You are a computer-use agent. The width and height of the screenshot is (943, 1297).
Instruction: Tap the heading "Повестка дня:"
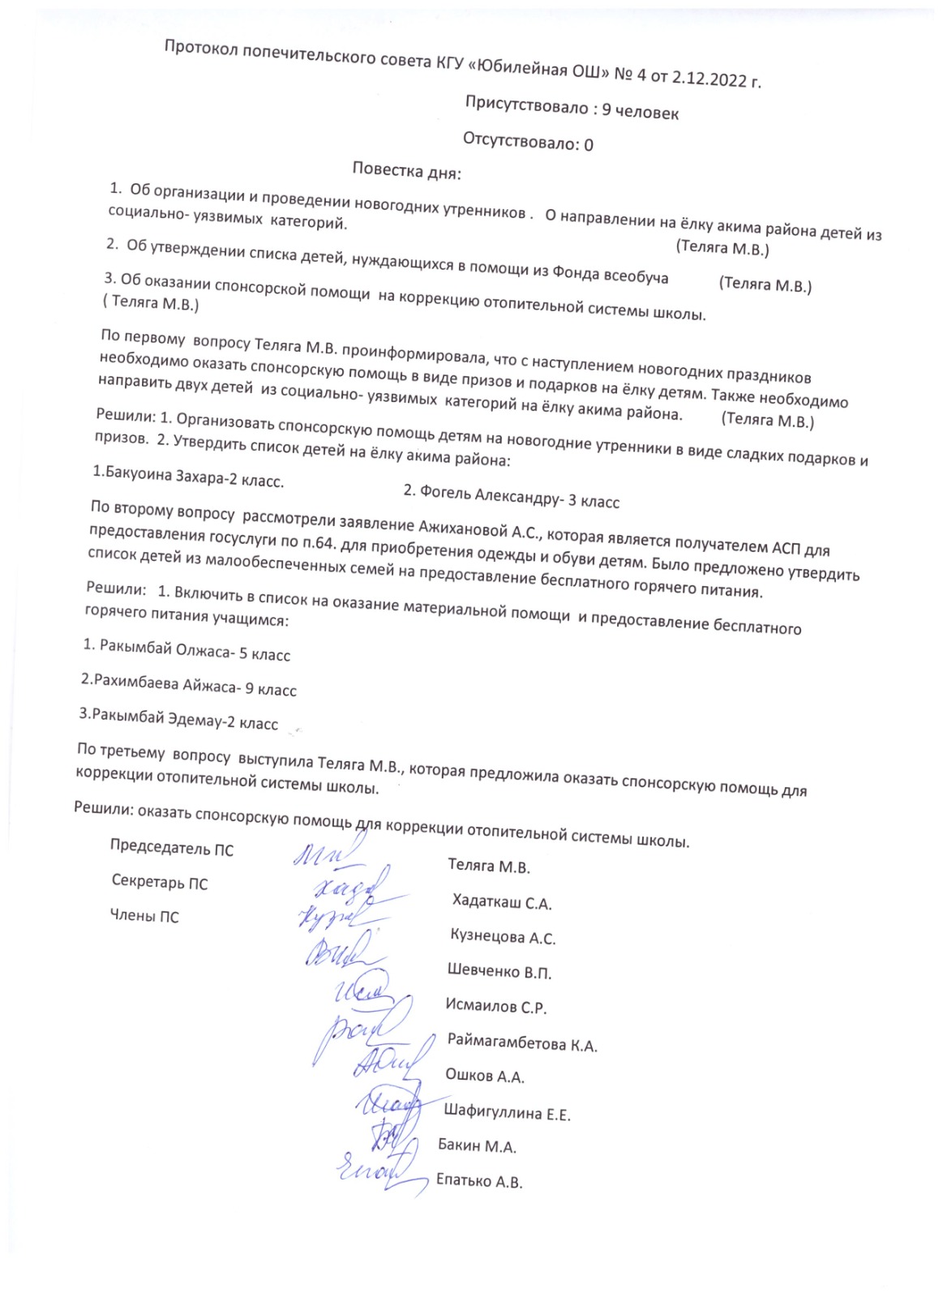pyautogui.click(x=407, y=171)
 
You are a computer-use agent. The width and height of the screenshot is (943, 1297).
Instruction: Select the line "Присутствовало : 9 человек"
pyautogui.click(x=572, y=108)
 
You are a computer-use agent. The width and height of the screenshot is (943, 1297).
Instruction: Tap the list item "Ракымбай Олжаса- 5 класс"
pyautogui.click(x=187, y=649)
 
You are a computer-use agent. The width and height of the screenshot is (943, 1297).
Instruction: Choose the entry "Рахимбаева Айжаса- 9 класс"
pyautogui.click(x=189, y=684)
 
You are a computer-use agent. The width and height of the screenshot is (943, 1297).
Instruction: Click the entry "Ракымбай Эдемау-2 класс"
pyautogui.click(x=178, y=719)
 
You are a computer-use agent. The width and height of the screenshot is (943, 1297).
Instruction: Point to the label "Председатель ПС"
pyautogui.click(x=172, y=849)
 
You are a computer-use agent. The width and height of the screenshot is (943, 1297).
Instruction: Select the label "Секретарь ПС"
pyautogui.click(x=160, y=883)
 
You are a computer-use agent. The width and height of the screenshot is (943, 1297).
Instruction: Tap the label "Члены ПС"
pyautogui.click(x=144, y=917)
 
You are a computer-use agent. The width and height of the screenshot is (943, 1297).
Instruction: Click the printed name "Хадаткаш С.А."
pyautogui.click(x=502, y=902)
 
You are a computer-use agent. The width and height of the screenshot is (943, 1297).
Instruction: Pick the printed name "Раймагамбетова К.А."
pyautogui.click(x=522, y=1044)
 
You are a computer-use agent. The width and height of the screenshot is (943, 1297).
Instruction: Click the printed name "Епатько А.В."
pyautogui.click(x=479, y=1181)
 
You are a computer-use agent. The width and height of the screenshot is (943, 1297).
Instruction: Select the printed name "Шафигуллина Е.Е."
pyautogui.click(x=508, y=1112)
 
